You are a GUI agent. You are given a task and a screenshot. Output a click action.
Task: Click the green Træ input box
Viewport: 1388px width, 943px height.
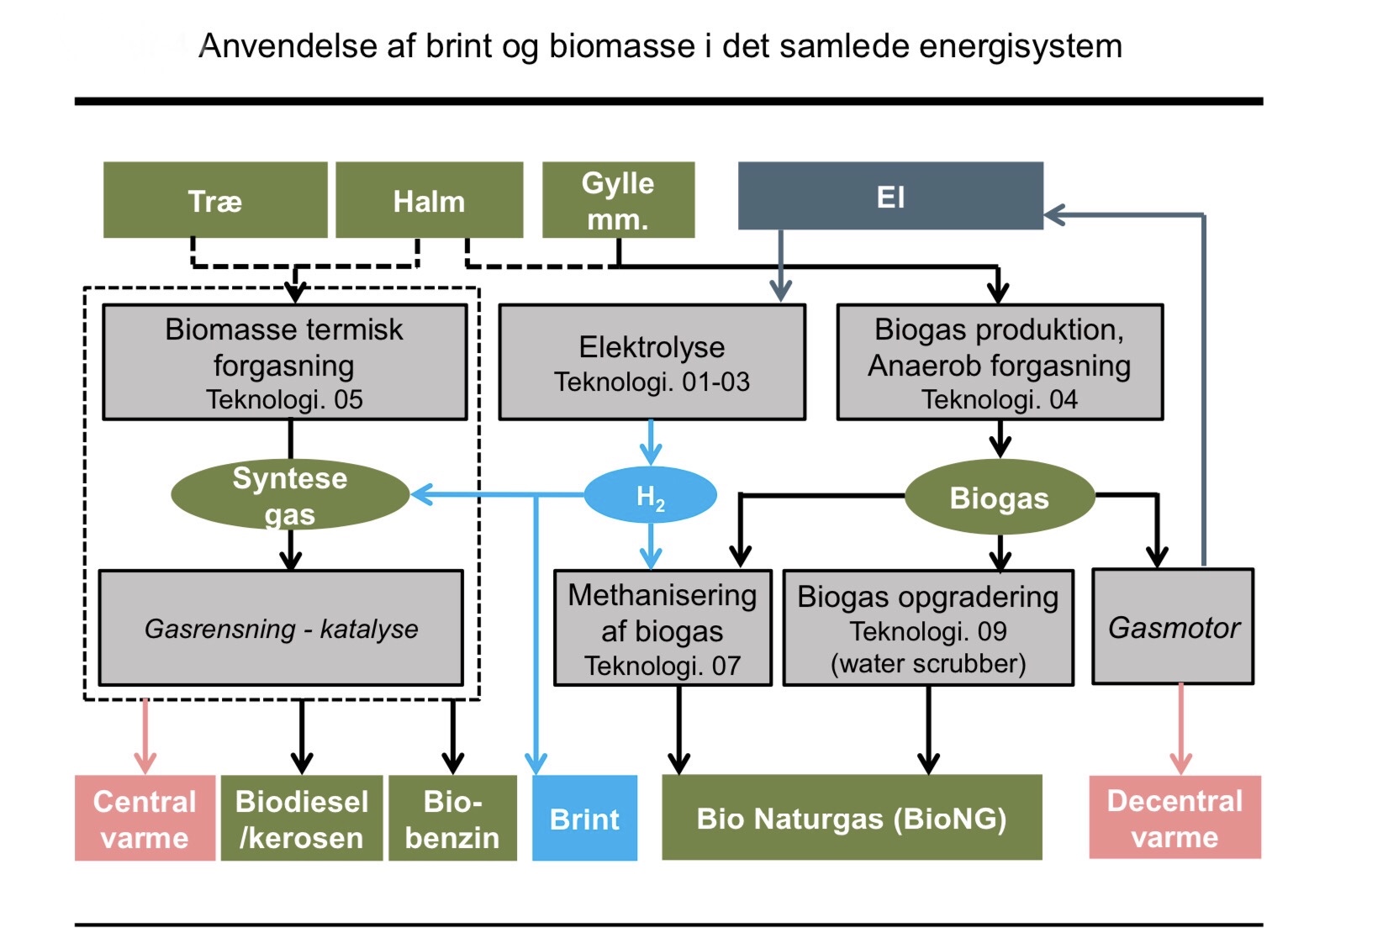click(x=215, y=200)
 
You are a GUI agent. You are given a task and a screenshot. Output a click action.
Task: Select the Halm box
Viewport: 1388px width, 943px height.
click(x=429, y=200)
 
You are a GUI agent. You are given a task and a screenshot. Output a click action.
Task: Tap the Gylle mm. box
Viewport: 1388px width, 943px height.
click(x=618, y=200)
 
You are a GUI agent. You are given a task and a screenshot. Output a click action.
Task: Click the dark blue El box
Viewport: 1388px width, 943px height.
click(x=890, y=196)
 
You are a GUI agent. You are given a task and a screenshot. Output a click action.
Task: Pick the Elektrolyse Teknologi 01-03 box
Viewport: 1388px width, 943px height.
click(x=652, y=362)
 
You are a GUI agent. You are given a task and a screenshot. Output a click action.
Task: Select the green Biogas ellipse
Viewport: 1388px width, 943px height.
click(x=999, y=498)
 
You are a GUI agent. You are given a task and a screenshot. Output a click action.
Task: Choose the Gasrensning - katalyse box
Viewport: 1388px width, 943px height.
click(x=281, y=628)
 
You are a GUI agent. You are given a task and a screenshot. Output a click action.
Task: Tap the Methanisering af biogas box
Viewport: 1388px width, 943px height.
click(x=662, y=629)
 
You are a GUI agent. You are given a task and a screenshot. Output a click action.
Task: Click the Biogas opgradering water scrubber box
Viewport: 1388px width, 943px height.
click(x=928, y=629)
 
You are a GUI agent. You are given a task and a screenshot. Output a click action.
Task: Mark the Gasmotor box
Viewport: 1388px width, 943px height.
click(x=1173, y=627)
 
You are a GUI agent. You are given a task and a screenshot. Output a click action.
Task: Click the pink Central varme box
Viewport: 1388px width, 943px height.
click(x=145, y=818)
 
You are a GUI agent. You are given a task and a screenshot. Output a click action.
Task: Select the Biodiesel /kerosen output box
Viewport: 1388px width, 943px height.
click(x=302, y=818)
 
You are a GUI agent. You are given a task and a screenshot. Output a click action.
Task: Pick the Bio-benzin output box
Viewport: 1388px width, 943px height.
click(x=452, y=818)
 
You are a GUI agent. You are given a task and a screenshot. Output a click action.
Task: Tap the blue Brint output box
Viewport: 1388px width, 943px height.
click(x=584, y=818)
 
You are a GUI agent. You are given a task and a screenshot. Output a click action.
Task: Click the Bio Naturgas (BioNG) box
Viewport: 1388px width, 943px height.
click(x=852, y=818)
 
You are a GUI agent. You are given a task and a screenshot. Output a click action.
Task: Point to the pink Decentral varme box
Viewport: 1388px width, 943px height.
click(x=1174, y=817)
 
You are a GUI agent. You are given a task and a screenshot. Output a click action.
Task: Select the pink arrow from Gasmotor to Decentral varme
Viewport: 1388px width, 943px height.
click(x=1181, y=727)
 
